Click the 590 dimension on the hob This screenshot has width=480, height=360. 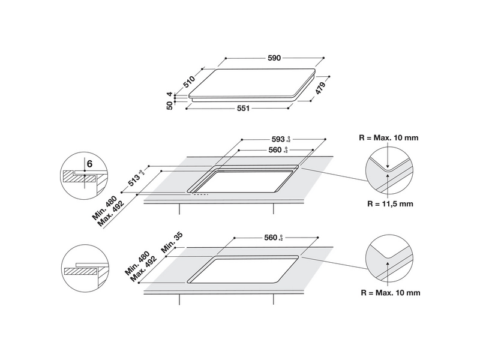pos(273,58)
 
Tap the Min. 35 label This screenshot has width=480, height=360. pos(169,242)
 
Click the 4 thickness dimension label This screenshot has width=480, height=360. pos(170,94)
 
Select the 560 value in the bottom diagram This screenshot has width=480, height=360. pos(271,238)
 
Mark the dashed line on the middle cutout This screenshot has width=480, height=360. pos(200,194)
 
